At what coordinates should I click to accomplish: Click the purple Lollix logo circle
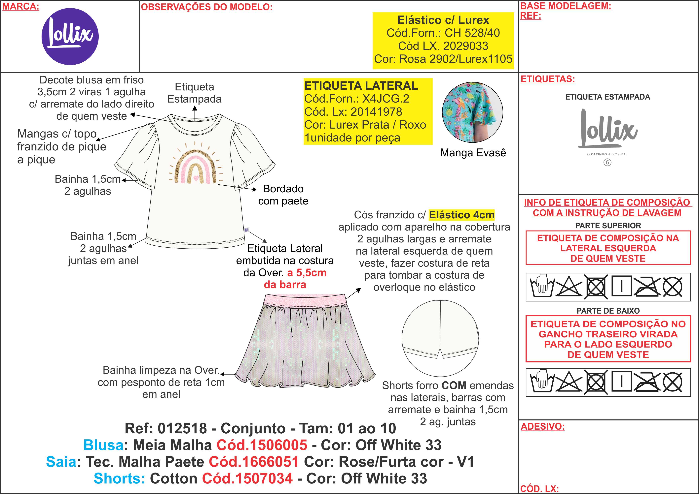[x=70, y=37]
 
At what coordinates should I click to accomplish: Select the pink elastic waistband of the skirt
[x=305, y=300]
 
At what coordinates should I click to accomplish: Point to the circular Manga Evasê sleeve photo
[x=472, y=112]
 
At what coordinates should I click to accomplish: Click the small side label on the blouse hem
[x=247, y=230]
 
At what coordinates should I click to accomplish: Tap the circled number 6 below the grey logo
[x=607, y=162]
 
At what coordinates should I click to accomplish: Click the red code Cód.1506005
[x=262, y=445]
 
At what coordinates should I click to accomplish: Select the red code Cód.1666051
[x=254, y=462]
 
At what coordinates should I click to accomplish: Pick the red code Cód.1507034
[x=247, y=479]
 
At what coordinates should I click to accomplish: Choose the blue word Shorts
[x=119, y=479]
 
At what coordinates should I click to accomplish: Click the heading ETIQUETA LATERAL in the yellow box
[x=361, y=86]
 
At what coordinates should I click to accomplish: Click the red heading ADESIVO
[x=542, y=426]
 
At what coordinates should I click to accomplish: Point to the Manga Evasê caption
[x=473, y=153]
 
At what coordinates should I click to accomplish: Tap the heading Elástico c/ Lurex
[x=443, y=20]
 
